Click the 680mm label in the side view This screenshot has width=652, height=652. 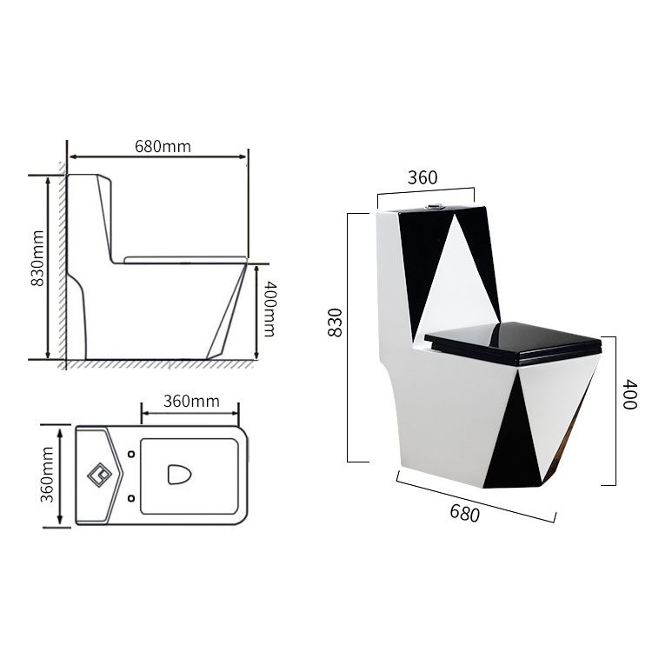click(163, 146)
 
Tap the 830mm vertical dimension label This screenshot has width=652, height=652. click(37, 265)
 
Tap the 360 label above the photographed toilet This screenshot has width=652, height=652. click(422, 177)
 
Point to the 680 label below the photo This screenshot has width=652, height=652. click(465, 513)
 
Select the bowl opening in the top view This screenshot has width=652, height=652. click(179, 475)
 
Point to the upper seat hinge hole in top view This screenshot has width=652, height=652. click(130, 454)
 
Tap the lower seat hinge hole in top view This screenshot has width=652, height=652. click(130, 496)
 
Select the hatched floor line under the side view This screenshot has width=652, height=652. click(156, 363)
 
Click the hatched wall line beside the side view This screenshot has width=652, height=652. click(62, 261)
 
